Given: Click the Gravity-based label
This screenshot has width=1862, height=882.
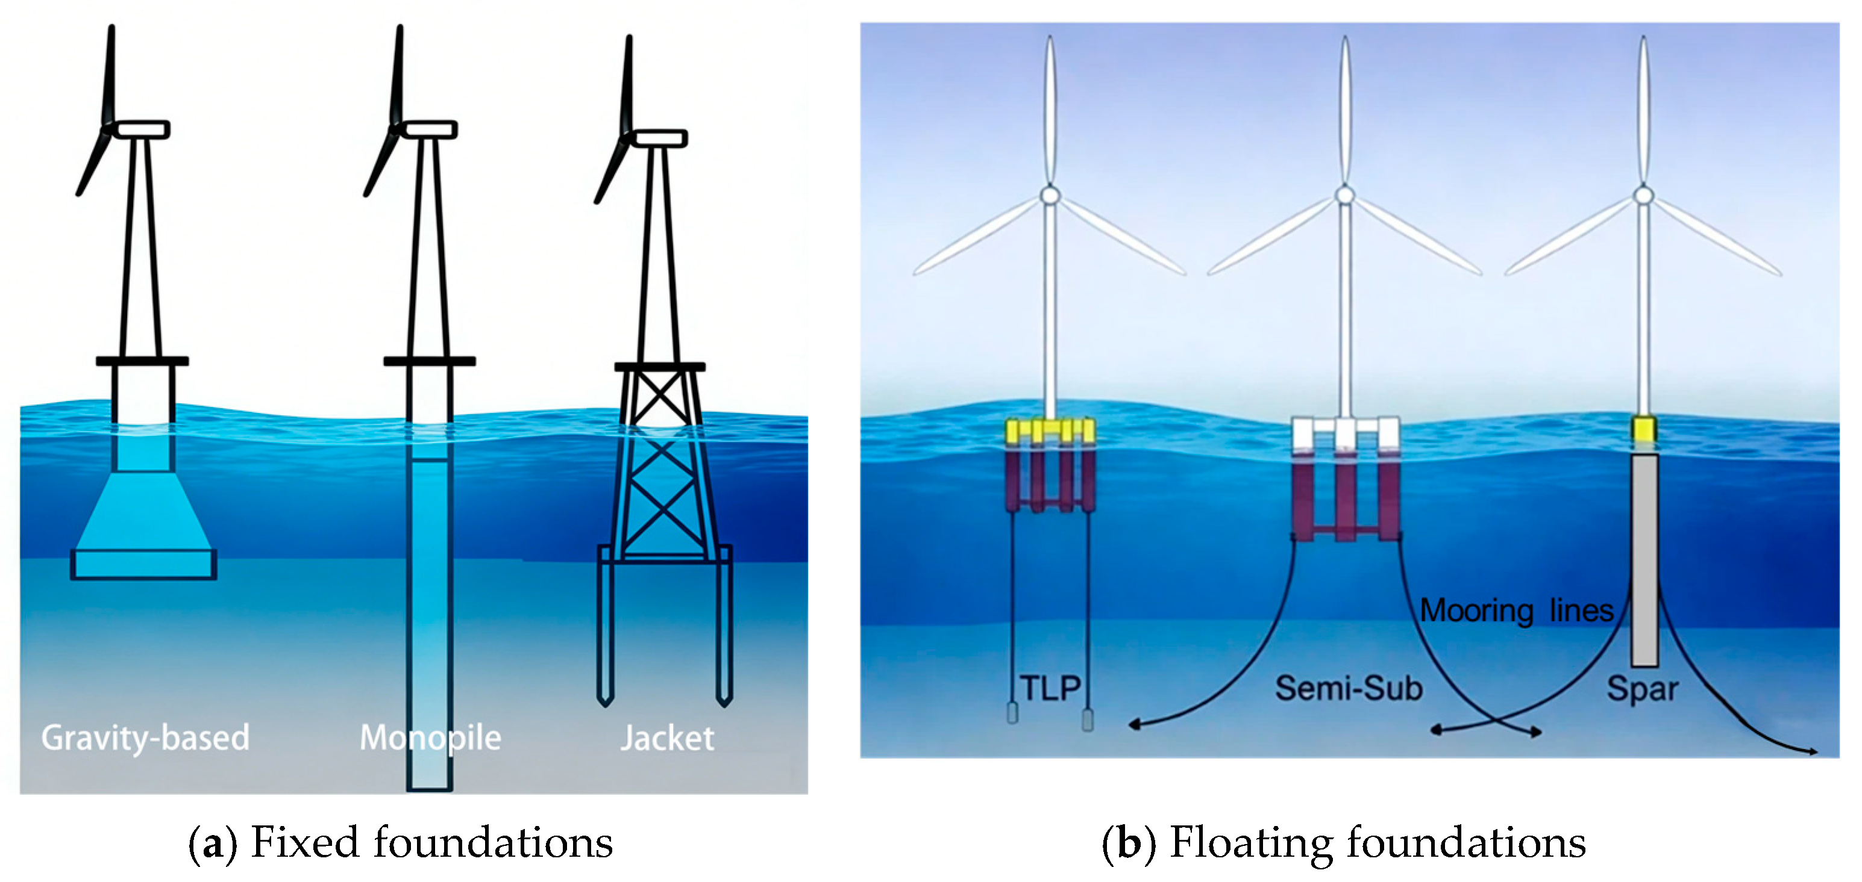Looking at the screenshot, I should tap(145, 738).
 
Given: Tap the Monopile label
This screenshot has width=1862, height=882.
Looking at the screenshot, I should tap(430, 738).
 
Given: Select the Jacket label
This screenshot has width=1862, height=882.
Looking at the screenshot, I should tap(667, 738).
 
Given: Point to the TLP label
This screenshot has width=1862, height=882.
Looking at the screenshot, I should tap(1050, 688).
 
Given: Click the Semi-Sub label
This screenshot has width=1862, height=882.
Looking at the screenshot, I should tap(1348, 688).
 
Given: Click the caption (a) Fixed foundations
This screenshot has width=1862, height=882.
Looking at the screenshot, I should tap(401, 842).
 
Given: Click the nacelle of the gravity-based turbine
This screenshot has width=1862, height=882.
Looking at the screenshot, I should tap(142, 129).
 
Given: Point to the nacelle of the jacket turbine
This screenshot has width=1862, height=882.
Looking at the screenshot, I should tap(659, 138).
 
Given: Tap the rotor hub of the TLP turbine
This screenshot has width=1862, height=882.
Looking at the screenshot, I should tap(1050, 195).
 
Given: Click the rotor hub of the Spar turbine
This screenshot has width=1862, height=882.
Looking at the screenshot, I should tap(1643, 195).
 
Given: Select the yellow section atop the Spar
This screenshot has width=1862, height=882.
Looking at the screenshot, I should tap(1644, 429).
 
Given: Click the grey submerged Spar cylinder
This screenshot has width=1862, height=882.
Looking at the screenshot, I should tap(1644, 560).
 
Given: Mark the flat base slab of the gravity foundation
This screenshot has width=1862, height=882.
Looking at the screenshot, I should tap(143, 564).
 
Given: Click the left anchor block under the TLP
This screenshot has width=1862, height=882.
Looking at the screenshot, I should tap(1012, 713).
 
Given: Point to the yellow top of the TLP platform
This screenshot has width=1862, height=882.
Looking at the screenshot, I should tap(1050, 430).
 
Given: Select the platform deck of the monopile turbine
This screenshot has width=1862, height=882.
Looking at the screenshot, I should tap(430, 361).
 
